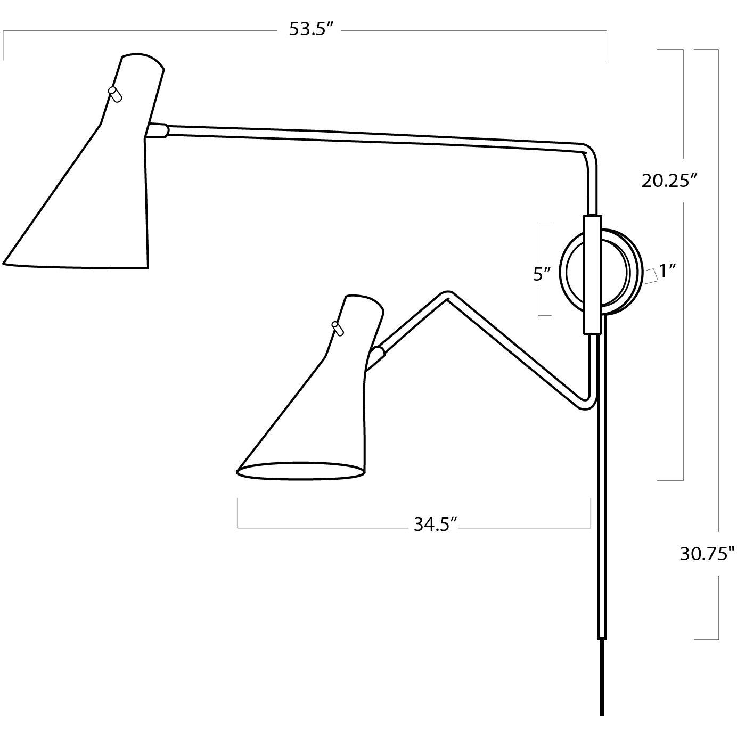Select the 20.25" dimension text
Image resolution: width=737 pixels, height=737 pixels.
click(x=669, y=181)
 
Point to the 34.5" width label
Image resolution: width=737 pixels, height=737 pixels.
click(x=436, y=525)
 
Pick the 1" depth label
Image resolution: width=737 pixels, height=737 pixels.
click(x=667, y=272)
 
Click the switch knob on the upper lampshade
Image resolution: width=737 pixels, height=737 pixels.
click(x=115, y=94)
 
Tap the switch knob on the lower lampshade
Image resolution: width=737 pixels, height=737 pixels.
click(x=338, y=329)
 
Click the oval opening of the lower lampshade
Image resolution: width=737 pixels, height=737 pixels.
click(x=301, y=471)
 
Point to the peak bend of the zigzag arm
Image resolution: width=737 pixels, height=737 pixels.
click(x=446, y=294)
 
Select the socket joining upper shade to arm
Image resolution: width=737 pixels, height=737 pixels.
click(x=158, y=131)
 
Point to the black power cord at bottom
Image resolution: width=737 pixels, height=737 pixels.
click(x=602, y=687)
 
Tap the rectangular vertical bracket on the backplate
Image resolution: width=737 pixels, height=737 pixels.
click(x=593, y=274)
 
